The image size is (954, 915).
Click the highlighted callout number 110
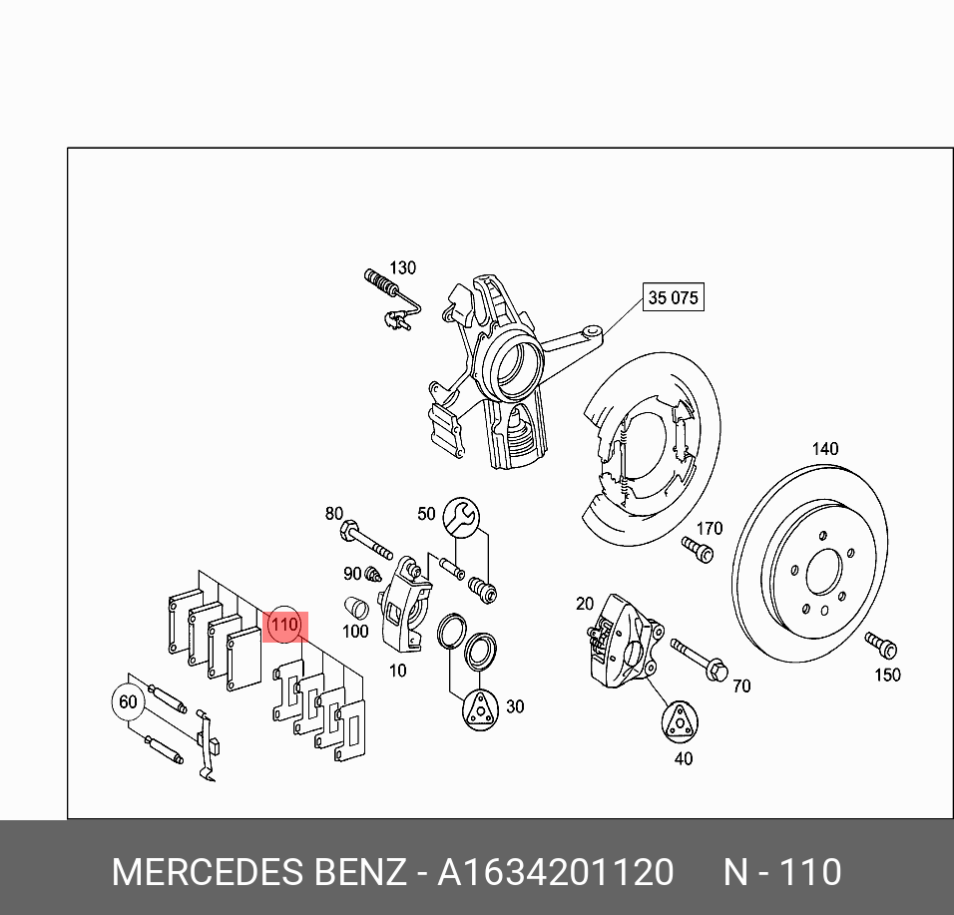[284, 625]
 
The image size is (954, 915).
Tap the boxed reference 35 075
[673, 297]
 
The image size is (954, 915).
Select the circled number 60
[128, 702]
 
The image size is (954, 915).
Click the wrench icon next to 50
[461, 517]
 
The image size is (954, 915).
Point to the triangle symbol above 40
[680, 722]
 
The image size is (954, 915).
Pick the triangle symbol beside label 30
[481, 710]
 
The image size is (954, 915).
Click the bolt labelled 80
[365, 540]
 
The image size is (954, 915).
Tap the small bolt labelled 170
[698, 550]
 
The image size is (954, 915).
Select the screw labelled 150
[880, 646]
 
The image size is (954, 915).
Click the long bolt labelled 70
[699, 661]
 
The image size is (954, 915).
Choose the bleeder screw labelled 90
[372, 574]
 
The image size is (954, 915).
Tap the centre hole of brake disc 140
[825, 571]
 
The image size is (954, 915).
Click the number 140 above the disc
[825, 449]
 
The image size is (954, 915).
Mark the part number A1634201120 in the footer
[556, 872]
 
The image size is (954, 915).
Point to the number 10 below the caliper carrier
[397, 671]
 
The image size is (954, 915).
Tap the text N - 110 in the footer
[782, 872]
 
